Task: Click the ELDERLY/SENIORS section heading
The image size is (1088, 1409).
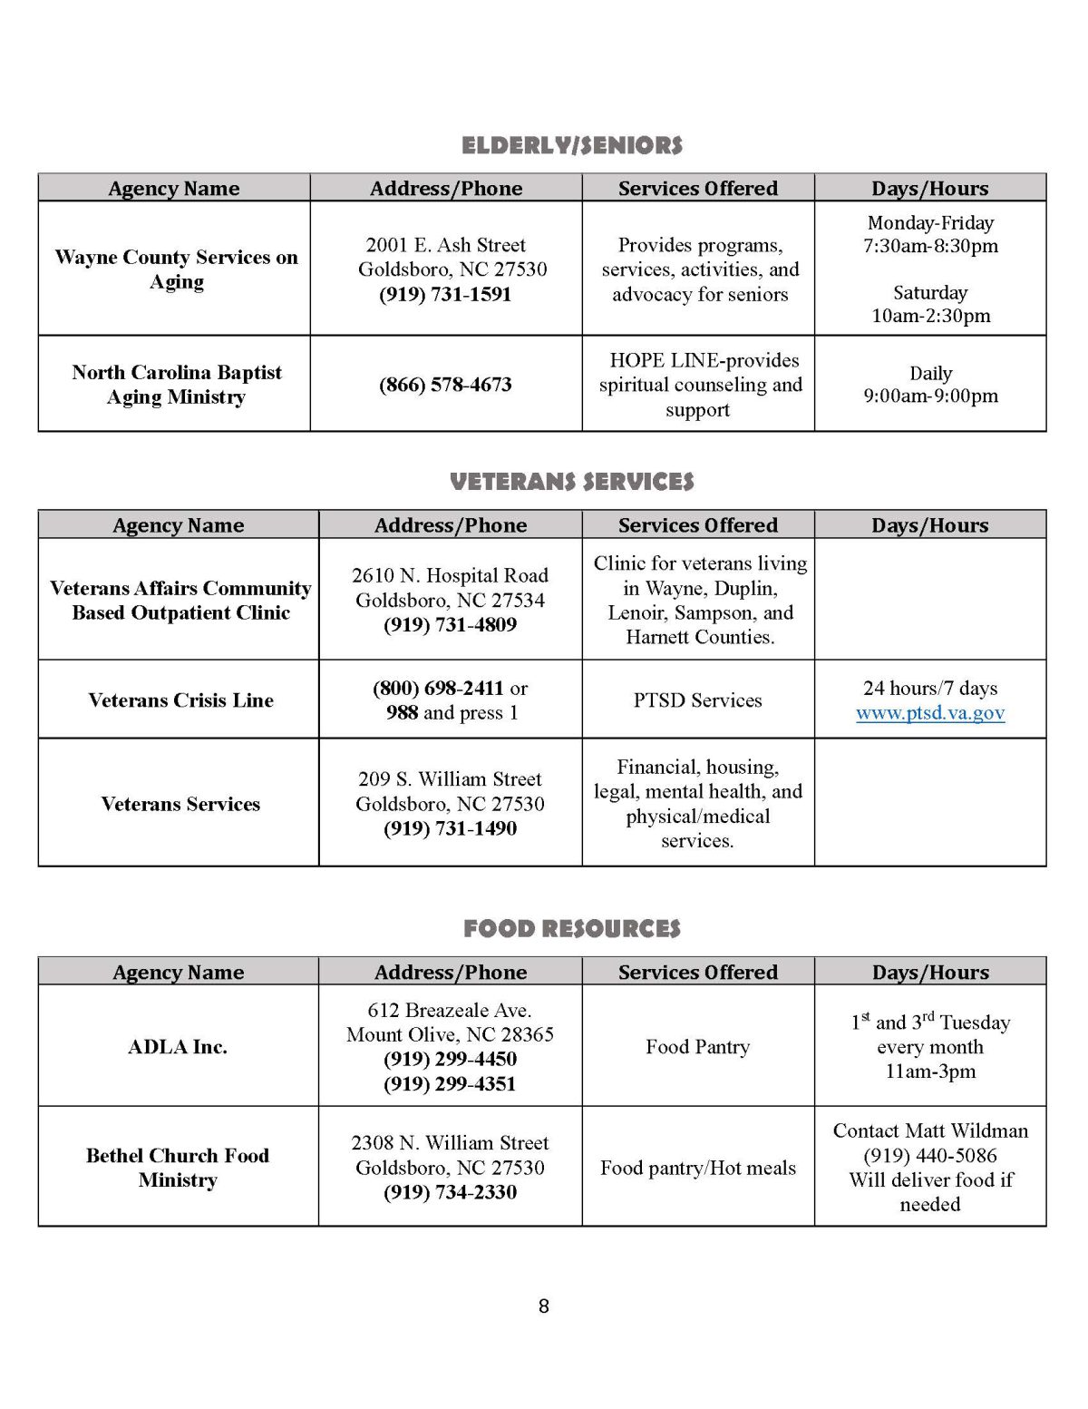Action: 571,145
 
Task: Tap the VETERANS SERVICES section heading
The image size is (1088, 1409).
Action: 571,482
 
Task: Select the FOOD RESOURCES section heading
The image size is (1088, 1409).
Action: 571,928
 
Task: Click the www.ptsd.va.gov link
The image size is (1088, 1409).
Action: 930,713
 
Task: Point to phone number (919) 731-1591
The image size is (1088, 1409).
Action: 445,294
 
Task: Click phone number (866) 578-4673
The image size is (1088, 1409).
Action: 445,385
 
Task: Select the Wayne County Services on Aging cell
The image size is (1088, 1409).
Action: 176,269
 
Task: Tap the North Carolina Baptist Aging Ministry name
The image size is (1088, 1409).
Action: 176,385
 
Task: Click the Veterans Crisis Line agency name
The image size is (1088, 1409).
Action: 180,700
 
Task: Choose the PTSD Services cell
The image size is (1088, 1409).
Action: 697,700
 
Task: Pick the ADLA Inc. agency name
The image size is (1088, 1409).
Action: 178,1047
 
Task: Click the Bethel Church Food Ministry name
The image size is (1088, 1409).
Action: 178,1168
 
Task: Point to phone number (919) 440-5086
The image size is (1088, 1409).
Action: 930,1156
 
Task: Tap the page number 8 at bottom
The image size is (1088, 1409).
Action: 544,1306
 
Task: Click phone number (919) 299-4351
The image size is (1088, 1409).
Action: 450,1084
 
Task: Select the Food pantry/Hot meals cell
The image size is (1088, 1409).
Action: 697,1168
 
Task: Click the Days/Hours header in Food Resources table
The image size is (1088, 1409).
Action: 930,972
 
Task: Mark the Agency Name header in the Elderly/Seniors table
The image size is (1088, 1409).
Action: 174,189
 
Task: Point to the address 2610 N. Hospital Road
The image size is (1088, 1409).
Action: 450,575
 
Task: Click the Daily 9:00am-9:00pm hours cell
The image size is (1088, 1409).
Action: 930,385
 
